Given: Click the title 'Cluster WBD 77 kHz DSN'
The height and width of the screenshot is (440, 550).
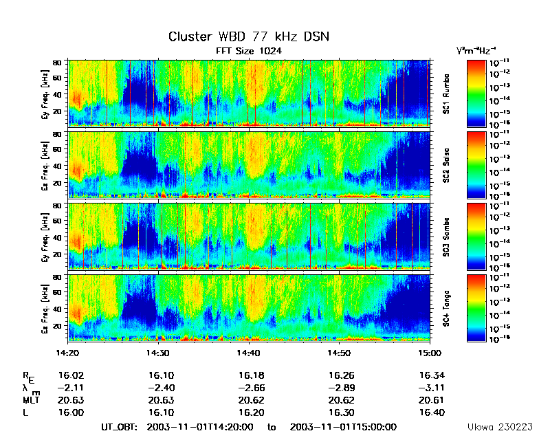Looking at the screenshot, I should [249, 36].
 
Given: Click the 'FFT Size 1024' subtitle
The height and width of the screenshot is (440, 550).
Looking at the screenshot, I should [249, 51].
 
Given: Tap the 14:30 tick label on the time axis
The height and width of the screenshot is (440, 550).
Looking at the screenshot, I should [158, 352].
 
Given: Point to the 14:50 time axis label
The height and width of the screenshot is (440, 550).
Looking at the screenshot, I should [339, 352].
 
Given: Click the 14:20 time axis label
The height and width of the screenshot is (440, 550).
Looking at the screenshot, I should [67, 352].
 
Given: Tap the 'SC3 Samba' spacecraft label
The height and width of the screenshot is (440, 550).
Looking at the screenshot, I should [446, 236].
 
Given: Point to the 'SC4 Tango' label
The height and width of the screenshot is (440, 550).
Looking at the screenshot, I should [446, 308].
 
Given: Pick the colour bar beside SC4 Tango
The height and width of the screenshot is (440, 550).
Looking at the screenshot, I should [476, 308].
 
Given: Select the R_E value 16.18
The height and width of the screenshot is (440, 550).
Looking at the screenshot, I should [248, 376].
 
